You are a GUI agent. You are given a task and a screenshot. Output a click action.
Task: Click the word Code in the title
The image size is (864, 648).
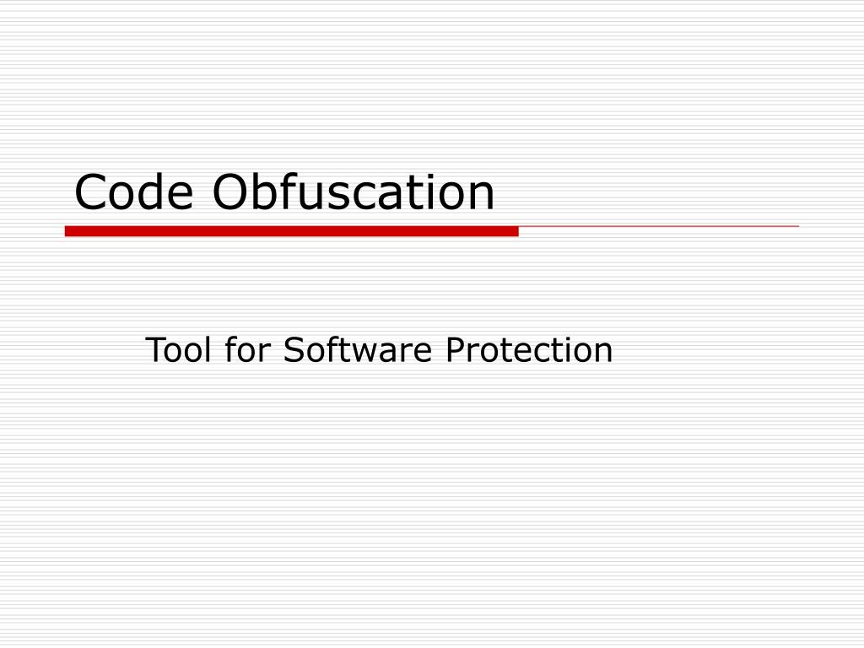(x=135, y=192)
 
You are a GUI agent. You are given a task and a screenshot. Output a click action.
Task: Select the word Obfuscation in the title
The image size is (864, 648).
(x=353, y=192)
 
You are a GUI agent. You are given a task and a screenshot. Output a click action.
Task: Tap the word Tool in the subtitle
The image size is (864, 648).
(x=180, y=349)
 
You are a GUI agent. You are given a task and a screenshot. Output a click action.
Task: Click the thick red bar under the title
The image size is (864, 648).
(x=291, y=230)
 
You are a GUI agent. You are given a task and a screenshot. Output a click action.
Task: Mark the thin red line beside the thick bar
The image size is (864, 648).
(x=658, y=227)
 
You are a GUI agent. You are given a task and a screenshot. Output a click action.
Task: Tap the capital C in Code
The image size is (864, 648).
(x=90, y=193)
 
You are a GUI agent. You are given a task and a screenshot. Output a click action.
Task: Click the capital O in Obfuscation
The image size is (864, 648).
(x=229, y=193)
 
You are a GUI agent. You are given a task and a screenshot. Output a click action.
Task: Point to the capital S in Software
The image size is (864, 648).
(x=292, y=349)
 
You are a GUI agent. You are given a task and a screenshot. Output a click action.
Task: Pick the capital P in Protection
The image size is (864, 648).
(x=454, y=349)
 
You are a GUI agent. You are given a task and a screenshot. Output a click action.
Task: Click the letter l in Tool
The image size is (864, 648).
(x=208, y=349)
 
